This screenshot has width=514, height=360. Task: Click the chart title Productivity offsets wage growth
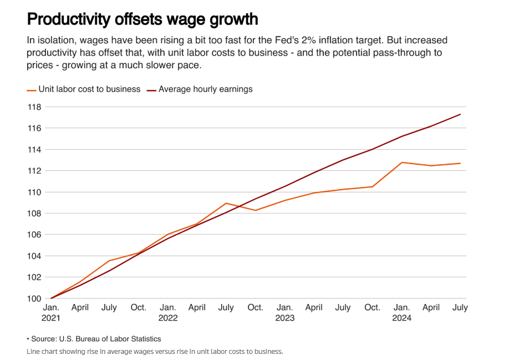[x=143, y=19]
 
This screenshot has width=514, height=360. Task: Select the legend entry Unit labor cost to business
[x=89, y=89]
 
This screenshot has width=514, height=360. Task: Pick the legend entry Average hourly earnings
[x=205, y=89]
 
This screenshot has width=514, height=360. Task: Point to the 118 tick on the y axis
[x=35, y=107]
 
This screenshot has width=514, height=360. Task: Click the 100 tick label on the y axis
[x=35, y=299]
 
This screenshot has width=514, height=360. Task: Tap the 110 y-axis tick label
[x=35, y=192]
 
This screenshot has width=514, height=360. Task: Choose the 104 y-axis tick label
[x=35, y=256]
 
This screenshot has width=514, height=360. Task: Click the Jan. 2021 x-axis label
[x=51, y=312]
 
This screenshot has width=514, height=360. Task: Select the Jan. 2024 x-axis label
[x=402, y=312]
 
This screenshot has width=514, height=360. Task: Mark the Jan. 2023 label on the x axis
[x=285, y=312]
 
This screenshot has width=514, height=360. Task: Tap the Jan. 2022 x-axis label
[x=168, y=312]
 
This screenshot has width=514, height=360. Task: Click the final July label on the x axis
[x=460, y=307]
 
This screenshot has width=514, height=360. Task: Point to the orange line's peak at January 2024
[x=402, y=163]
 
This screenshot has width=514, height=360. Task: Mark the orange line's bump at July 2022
[x=226, y=203]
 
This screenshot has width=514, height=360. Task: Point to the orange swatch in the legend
[x=32, y=89]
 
